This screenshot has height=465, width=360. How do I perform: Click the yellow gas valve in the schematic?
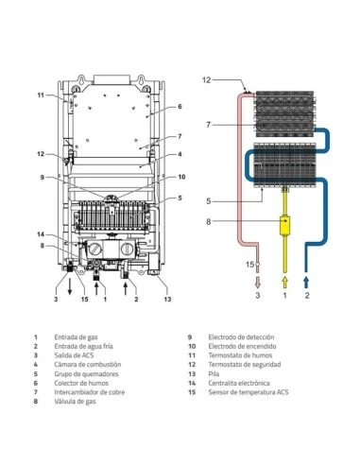click(285, 225)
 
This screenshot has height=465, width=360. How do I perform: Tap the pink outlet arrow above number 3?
click(258, 283)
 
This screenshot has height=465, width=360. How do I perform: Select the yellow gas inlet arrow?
click(285, 283)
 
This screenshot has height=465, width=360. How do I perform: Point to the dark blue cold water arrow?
click(306, 283)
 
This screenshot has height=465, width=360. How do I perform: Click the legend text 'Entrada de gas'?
click(76, 337)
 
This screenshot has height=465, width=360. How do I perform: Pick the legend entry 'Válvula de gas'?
click(75, 402)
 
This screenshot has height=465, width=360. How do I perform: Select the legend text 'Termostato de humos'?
click(240, 355)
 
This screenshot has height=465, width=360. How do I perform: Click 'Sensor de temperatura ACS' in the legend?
click(249, 392)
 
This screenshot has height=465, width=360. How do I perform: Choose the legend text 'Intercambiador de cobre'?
click(90, 392)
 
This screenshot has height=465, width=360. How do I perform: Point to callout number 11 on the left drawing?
click(41, 95)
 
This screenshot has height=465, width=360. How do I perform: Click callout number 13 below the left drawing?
click(167, 299)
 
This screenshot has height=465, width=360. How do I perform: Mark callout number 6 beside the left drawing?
click(180, 107)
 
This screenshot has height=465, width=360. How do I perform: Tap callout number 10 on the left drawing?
click(181, 177)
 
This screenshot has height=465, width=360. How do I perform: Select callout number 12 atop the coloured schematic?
click(206, 80)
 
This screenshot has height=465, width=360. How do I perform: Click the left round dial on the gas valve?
click(94, 250)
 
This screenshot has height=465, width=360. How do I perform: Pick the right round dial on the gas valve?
click(128, 250)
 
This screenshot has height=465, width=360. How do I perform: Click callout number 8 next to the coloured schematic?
click(208, 222)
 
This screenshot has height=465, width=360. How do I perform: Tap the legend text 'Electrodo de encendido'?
click(242, 346)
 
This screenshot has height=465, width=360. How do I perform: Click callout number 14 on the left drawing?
click(41, 234)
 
